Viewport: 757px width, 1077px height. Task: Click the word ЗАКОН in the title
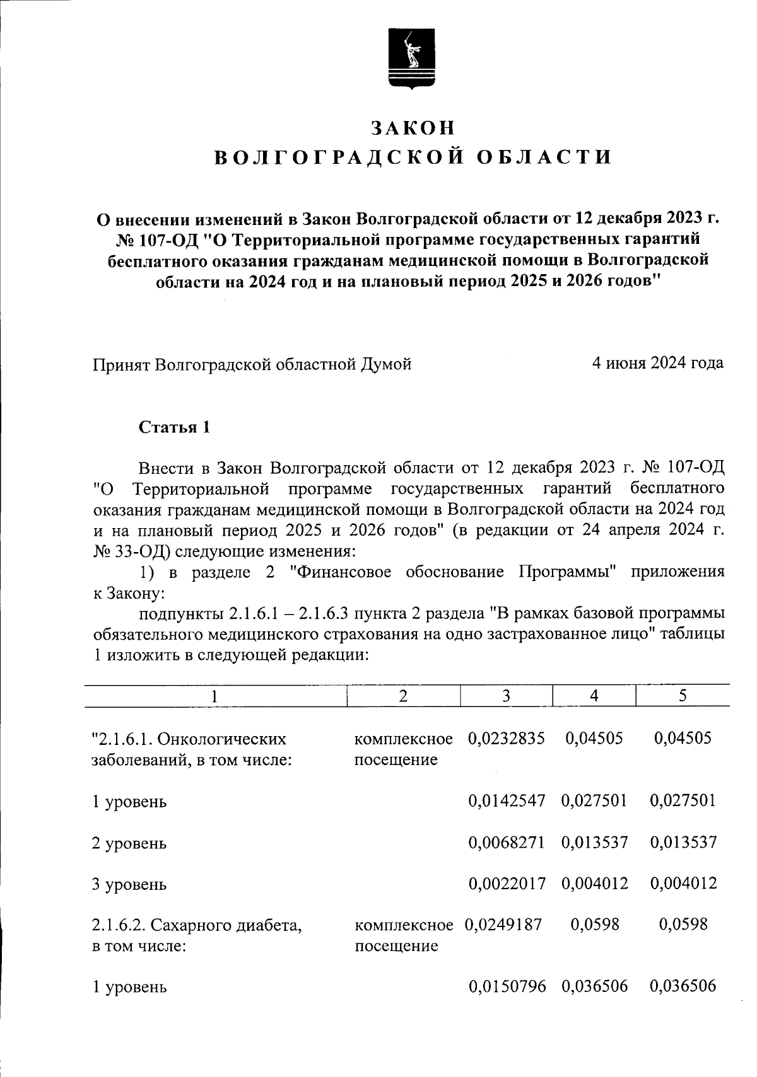(413, 128)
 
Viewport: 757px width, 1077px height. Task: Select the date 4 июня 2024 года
(657, 363)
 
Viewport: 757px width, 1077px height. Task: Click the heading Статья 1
(174, 427)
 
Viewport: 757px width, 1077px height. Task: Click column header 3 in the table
(506, 696)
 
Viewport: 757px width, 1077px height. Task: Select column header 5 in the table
(683, 696)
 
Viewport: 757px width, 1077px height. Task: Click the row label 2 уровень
(129, 843)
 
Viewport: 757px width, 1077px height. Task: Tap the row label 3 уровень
(129, 884)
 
